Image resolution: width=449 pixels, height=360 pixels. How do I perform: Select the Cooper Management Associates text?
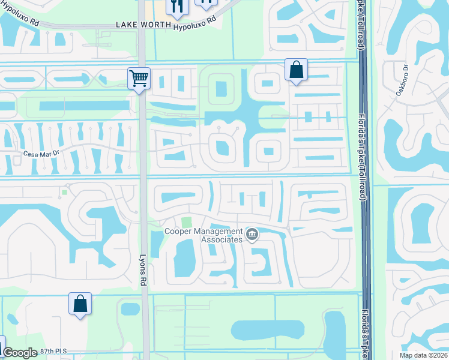tap(204, 235)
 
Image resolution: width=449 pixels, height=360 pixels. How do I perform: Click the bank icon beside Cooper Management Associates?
tap(252, 235)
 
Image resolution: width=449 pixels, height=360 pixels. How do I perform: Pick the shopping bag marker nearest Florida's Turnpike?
tap(296, 70)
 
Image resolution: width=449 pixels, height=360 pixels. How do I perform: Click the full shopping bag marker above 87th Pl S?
tap(80, 304)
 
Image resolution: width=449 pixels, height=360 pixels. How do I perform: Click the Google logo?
tap(20, 353)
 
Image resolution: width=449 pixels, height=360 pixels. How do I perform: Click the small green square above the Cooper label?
tap(187, 222)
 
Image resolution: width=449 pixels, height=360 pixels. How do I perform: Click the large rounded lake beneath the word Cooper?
tap(184, 259)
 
